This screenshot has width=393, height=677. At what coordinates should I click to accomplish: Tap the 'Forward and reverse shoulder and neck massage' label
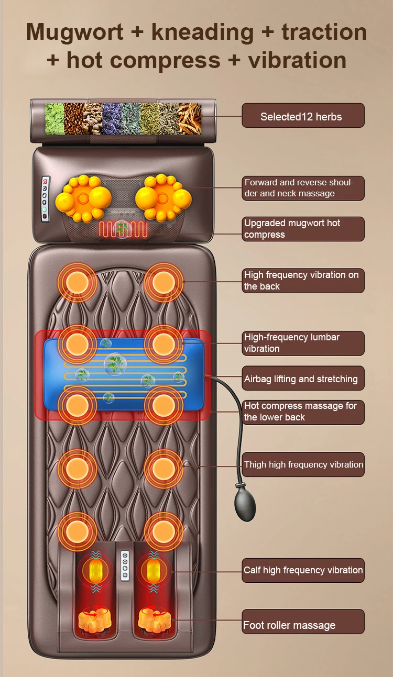click(303, 188)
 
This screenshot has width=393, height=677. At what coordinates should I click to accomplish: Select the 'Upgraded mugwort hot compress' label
click(303, 229)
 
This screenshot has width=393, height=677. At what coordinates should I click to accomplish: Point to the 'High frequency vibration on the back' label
click(303, 281)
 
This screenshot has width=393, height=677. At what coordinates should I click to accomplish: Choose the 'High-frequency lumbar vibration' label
click(303, 343)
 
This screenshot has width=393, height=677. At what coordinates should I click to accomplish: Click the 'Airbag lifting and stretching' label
click(303, 379)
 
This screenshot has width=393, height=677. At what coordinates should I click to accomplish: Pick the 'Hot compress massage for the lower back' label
click(303, 412)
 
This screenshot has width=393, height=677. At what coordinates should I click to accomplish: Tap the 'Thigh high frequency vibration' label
click(303, 464)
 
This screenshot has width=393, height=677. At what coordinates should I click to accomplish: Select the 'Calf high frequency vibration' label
click(303, 570)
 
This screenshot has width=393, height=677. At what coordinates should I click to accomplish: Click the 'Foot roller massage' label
click(303, 625)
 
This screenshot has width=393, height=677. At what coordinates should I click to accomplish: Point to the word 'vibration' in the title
click(297, 60)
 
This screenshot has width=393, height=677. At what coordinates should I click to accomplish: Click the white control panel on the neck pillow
click(46, 199)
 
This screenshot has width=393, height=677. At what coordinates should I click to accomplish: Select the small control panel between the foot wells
click(125, 565)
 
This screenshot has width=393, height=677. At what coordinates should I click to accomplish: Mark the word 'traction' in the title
click(324, 32)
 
